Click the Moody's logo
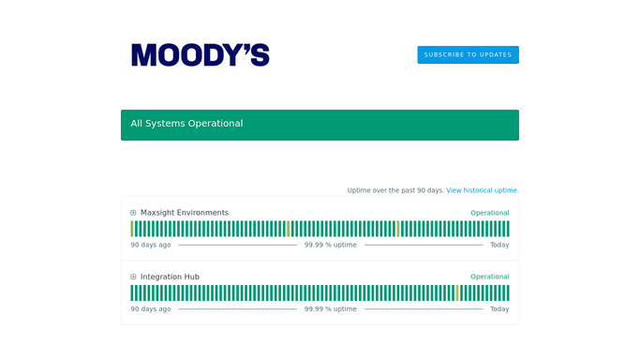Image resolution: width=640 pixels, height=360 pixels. [200, 54]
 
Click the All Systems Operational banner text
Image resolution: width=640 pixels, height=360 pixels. [186, 123]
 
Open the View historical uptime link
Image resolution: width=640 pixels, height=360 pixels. [483, 190]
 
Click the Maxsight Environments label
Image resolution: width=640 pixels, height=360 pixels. [185, 213]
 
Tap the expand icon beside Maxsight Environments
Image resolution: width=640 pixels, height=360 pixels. [133, 213]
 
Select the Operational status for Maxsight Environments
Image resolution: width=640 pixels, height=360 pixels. [490, 213]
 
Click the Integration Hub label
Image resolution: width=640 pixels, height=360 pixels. [170, 277]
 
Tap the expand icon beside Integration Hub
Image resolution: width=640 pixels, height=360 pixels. [133, 277]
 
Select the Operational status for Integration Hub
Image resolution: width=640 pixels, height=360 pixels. [490, 277]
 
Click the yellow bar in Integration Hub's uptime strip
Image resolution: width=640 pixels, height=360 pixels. [457, 293]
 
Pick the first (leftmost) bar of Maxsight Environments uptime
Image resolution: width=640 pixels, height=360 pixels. [132, 229]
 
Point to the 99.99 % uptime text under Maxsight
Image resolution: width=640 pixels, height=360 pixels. [330, 245]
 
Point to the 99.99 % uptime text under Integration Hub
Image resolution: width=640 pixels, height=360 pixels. [330, 309]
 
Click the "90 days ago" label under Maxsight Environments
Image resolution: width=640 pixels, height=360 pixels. [151, 245]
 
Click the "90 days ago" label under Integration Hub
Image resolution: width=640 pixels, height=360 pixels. [151, 309]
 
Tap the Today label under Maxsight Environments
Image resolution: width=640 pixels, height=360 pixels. [499, 245]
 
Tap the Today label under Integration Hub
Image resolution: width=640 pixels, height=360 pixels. [499, 309]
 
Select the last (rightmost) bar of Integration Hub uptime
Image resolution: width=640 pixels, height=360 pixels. [508, 293]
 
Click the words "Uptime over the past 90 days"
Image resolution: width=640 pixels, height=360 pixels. [395, 190]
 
